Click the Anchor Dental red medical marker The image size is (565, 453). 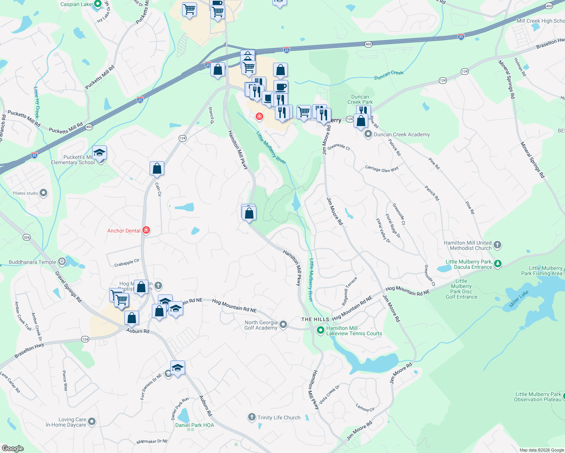pyautogui.click(x=146, y=230)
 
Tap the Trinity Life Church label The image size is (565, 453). pyautogui.click(x=279, y=418)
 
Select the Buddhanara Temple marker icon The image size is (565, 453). pyautogui.click(x=62, y=262)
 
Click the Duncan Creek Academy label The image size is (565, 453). pyautogui.click(x=401, y=134)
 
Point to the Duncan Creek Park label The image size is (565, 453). pyautogui.click(x=360, y=99)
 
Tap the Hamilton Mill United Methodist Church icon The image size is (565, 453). pyautogui.click(x=497, y=245)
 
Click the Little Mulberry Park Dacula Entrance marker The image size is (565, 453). pyautogui.click(x=498, y=263)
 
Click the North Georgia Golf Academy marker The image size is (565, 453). pyautogui.click(x=283, y=325)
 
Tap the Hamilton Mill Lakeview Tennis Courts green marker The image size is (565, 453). pyautogui.click(x=321, y=330)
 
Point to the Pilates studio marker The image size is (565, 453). pyautogui.click(x=44, y=193)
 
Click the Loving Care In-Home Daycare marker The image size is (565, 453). pyautogui.click(x=91, y=422)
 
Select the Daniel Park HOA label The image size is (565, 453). pyautogui.click(x=195, y=425)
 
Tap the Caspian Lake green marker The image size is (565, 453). pyautogui.click(x=98, y=4)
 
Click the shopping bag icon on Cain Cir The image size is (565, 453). pyautogui.click(x=157, y=168)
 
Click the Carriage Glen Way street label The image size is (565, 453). pyautogui.click(x=381, y=169)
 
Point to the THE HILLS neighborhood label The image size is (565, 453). pyautogui.click(x=315, y=319)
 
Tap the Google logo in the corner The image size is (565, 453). pyautogui.click(x=13, y=448)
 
